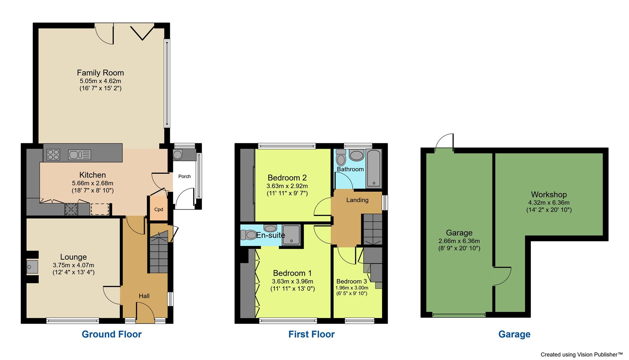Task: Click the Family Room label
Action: (100, 73)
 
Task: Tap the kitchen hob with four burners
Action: (53, 155)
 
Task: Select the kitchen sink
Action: (79, 155)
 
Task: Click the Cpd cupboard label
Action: (159, 209)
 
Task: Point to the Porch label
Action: (185, 176)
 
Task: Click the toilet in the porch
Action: (178, 155)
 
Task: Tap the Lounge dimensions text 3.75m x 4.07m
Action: (73, 265)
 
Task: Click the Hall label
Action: (144, 296)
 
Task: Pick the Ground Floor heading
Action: (112, 334)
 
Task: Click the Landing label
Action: (357, 200)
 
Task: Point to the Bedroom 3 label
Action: (351, 281)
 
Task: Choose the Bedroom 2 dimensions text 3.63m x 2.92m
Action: (287, 186)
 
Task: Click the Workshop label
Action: (549, 194)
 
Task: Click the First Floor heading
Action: (312, 334)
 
